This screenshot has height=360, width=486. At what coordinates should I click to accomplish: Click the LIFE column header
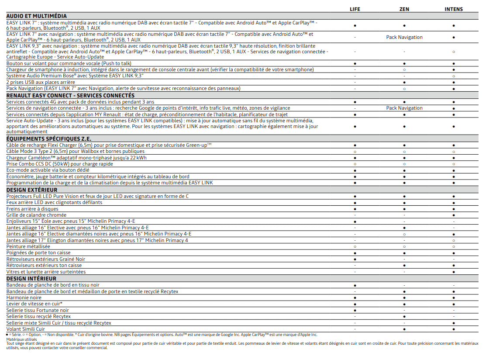(x=355, y=9)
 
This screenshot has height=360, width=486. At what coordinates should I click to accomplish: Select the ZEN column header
(x=404, y=9)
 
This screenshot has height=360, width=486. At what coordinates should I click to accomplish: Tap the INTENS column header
(x=454, y=9)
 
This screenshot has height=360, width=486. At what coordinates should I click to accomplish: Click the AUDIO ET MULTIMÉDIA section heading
(x=37, y=16)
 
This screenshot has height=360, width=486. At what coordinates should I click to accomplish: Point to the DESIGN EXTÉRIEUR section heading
(x=32, y=190)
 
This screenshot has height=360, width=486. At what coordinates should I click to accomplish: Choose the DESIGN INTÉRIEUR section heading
(x=31, y=279)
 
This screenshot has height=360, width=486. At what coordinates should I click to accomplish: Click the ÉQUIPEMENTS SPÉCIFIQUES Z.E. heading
(x=49, y=139)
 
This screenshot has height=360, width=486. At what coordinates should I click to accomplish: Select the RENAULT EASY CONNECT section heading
(x=70, y=95)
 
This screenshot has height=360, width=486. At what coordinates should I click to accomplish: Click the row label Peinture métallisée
(x=28, y=246)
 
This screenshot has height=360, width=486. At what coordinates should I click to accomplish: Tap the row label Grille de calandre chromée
(x=36, y=215)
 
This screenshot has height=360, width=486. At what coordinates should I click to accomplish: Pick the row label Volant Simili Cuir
(x=25, y=329)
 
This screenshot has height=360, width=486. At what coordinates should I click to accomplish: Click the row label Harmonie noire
(x=24, y=298)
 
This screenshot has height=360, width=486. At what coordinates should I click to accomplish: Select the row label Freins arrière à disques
(x=32, y=209)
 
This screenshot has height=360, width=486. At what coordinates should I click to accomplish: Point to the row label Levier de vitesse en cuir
(x=34, y=304)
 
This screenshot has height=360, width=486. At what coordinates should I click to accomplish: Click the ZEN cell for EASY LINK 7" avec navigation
(x=404, y=37)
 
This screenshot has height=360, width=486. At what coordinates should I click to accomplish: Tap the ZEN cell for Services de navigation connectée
(x=404, y=108)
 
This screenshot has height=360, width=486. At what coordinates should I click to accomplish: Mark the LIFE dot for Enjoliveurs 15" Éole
(x=355, y=222)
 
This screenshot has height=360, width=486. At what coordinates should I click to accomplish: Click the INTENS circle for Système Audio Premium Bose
(x=454, y=76)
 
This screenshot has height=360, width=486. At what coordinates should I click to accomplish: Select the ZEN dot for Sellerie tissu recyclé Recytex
(x=404, y=316)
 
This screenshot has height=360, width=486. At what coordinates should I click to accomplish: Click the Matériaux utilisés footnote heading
(x=21, y=339)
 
